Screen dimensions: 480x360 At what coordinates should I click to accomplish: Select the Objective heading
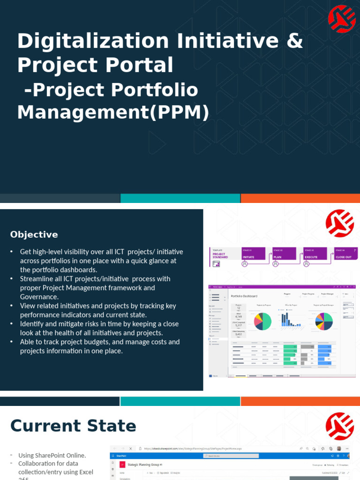click(34, 234)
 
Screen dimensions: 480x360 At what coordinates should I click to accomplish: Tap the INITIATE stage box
click(253, 254)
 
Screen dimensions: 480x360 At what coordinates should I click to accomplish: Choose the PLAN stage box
click(284, 254)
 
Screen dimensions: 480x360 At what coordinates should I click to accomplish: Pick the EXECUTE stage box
click(315, 254)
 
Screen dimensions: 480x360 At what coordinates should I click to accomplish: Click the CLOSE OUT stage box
click(346, 254)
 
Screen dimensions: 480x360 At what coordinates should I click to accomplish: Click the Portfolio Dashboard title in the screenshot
click(244, 296)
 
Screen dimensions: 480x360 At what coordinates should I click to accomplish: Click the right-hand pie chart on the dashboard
click(323, 321)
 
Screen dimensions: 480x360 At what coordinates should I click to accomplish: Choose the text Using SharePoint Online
click(52, 455)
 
